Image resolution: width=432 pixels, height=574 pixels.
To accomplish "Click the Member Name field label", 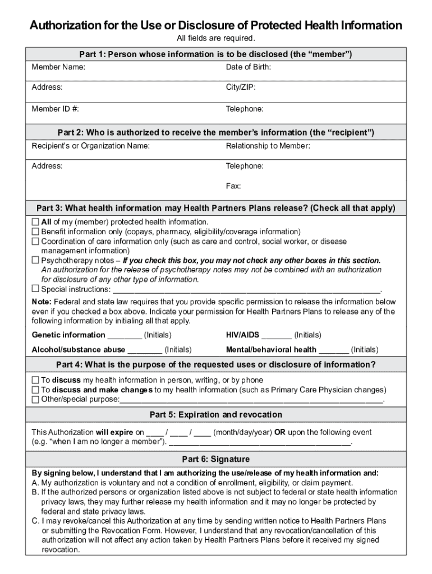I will pos(58,67).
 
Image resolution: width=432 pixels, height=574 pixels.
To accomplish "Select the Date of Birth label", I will pos(249,67).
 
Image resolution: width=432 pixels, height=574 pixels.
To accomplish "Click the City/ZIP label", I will pos(241,87).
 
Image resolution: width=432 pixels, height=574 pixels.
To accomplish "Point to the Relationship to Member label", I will pos(268,146).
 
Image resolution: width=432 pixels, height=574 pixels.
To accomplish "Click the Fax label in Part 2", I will pos(233,186).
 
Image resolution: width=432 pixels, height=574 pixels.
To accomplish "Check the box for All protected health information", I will pos(35,222).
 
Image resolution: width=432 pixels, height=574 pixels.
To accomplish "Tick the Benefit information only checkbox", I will pos(35,232).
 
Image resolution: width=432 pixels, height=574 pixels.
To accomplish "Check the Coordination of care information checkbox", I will pos(35,241).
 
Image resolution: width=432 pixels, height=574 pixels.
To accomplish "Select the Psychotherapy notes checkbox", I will pos(35,260).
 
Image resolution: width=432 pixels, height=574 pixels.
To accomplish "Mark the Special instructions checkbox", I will pos(35,289).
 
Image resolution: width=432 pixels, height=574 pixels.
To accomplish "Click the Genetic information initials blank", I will pos(125,336).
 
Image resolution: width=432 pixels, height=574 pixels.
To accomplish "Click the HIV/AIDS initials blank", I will pos(277,336).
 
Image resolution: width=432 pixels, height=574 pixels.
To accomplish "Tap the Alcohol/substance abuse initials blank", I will pos(145,350).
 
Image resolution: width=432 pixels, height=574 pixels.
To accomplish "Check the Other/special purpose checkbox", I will pos(35,400).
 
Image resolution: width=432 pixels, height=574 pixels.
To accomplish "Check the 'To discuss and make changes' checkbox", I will pos(35,390).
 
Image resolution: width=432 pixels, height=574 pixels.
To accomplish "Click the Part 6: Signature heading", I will pos(215,459).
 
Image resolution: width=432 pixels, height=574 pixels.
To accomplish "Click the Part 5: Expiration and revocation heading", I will pos(215,415).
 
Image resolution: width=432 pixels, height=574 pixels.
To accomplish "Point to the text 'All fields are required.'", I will pos(215,38).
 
